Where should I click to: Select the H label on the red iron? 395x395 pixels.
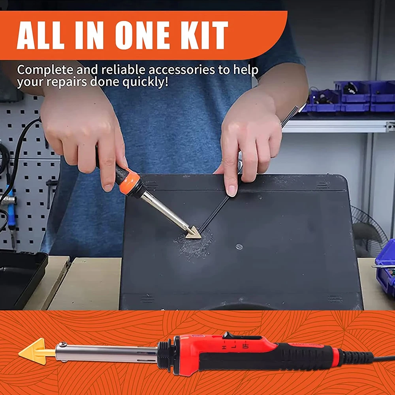224,348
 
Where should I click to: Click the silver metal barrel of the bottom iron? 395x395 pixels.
106,353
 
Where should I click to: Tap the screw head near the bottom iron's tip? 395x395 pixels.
62,344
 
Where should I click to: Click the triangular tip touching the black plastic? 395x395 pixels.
194,233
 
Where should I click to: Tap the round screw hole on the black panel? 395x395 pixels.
239,246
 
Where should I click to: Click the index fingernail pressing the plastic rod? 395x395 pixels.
232,191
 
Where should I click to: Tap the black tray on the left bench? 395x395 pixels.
21,277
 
